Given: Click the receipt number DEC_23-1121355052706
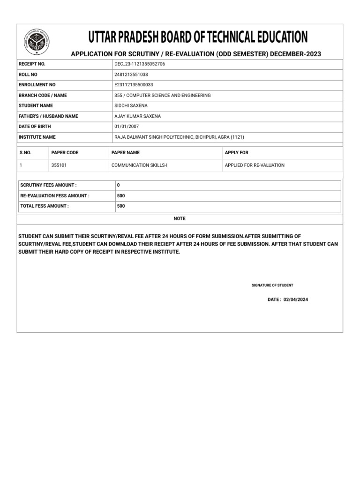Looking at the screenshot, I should [140, 64].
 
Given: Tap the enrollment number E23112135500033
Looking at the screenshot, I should [134, 85].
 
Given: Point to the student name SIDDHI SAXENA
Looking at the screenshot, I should [131, 105].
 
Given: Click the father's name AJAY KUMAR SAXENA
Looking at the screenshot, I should [137, 116].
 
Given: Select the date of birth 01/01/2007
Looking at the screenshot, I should [127, 127].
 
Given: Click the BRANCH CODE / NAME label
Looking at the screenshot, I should [43, 95].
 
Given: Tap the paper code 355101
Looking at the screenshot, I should [59, 165].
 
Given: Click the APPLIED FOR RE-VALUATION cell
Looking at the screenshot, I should [255, 165].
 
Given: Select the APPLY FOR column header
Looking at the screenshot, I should [237, 153].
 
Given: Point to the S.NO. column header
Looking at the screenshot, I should [25, 153].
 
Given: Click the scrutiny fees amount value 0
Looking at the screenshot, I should [118, 186].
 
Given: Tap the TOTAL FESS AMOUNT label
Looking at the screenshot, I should [44, 206].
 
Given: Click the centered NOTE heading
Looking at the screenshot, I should [180, 218].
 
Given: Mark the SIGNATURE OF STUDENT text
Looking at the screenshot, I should [272, 285].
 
